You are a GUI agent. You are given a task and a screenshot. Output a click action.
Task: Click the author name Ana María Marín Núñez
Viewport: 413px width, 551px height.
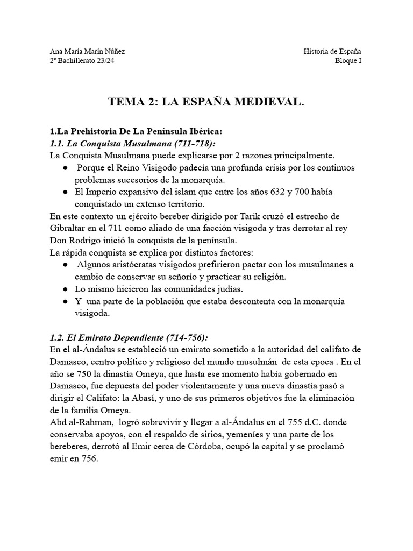pyautogui.click(x=87, y=51)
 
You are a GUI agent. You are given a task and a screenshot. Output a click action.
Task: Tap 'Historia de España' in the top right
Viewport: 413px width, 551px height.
pyautogui.click(x=332, y=51)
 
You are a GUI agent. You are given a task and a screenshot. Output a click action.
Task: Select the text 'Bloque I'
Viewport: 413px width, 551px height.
pyautogui.click(x=347, y=61)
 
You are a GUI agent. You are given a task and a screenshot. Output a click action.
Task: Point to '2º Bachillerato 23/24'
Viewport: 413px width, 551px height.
pyautogui.click(x=81, y=61)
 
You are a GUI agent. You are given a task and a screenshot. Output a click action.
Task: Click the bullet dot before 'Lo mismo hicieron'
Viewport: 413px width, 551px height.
pyautogui.click(x=65, y=289)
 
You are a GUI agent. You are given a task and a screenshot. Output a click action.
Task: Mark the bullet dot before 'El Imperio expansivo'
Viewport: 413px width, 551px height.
pyautogui.click(x=65, y=192)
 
